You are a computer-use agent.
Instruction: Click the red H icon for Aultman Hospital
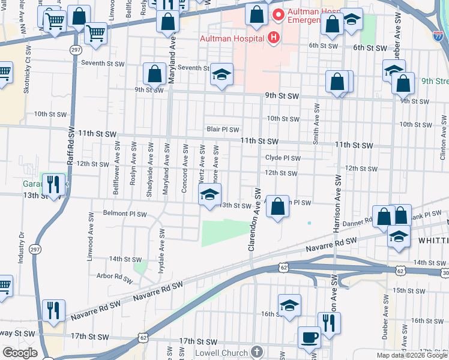coord(274,38)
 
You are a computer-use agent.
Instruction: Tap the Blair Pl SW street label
coord(223,129)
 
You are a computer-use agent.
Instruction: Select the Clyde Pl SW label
coord(282,158)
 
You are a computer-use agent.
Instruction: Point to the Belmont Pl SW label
coord(125,214)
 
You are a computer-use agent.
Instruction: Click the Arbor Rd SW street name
coord(113,278)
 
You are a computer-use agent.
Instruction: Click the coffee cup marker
coord(310,337)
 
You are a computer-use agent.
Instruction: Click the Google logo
coord(19,353)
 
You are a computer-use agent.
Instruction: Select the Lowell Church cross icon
coord(256,352)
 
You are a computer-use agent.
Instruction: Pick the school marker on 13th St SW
coord(209,194)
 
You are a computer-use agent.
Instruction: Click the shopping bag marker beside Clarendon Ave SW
coord(277,206)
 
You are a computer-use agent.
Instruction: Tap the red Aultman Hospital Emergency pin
coord(277,14)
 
